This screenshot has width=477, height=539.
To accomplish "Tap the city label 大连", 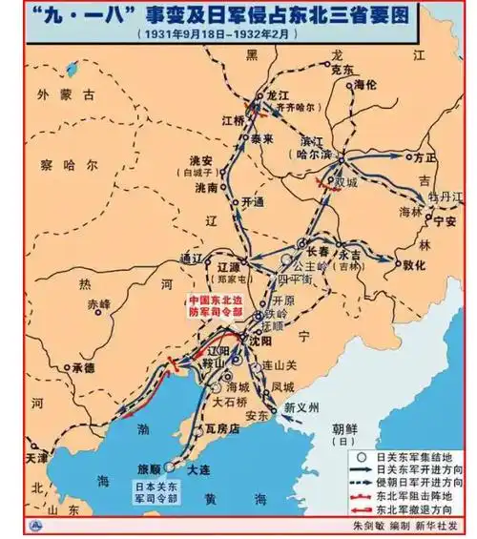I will [x=199, y=471].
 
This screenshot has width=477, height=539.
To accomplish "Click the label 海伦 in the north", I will [x=365, y=85].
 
